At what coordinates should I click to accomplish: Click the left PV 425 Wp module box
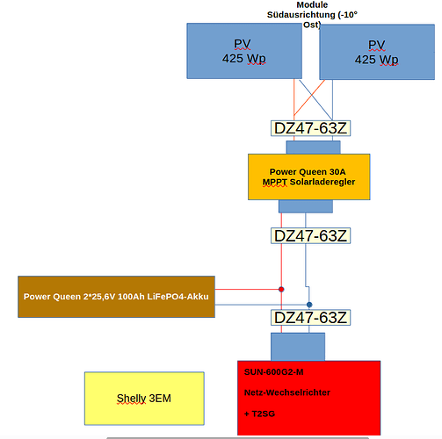point(244,51)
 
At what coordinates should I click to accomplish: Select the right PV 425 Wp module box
point(377,52)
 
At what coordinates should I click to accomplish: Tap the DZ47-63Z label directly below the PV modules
point(310,128)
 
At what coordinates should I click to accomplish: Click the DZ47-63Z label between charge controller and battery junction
point(310,235)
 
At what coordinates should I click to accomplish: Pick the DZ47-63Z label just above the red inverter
point(310,318)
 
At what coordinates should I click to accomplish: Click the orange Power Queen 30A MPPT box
point(309,177)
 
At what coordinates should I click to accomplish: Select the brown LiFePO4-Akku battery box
point(116,297)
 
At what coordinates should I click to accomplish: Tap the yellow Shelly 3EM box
point(144,399)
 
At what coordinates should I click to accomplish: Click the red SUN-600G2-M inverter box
point(308,398)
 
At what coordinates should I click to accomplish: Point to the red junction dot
point(281,290)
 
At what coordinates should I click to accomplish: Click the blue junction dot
point(309,305)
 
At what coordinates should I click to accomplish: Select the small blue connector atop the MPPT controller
point(314,148)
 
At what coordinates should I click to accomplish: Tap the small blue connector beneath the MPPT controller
point(306,206)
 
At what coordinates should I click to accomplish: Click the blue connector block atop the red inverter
point(298,347)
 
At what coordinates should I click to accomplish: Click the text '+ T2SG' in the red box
point(259,414)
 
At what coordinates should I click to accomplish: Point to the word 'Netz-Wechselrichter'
point(287,392)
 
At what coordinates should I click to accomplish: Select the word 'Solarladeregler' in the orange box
point(322,182)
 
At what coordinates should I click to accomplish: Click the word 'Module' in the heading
point(312,4)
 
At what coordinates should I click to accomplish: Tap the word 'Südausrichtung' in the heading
point(301,15)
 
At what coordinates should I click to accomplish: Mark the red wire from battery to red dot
point(247,290)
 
